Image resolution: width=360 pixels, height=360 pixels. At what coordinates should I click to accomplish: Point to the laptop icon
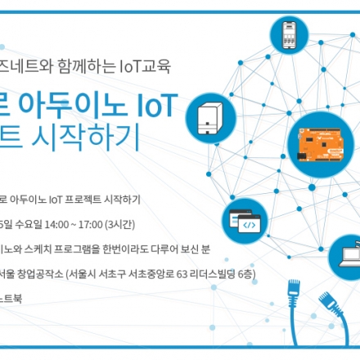point(347,254)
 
